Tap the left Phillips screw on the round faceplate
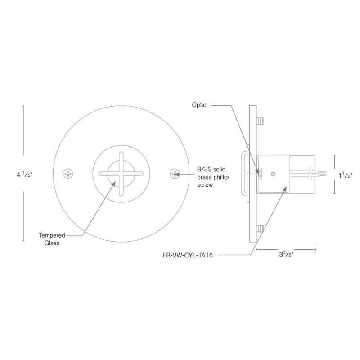pyautogui.click(x=68, y=173)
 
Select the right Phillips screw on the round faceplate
pyautogui.click(x=175, y=173)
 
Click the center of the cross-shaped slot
pyautogui.click(x=121, y=174)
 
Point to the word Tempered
pyautogui.click(x=51, y=235)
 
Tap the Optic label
pyautogui.click(x=198, y=105)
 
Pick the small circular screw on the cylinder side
pyautogui.click(x=273, y=174)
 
